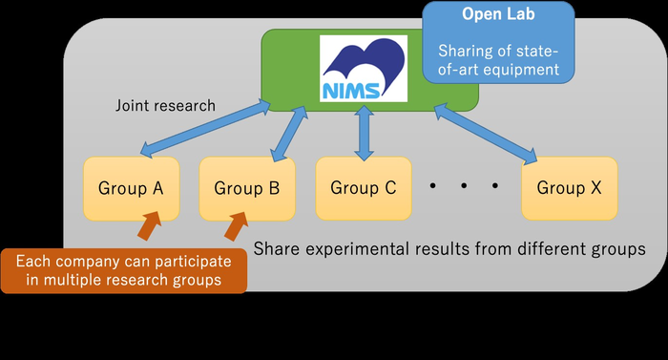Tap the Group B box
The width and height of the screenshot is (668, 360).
pos(246,187)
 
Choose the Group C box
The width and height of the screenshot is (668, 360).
pos(363,187)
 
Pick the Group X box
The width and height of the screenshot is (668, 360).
pos(569,187)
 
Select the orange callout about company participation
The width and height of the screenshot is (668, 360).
pos(124,270)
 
